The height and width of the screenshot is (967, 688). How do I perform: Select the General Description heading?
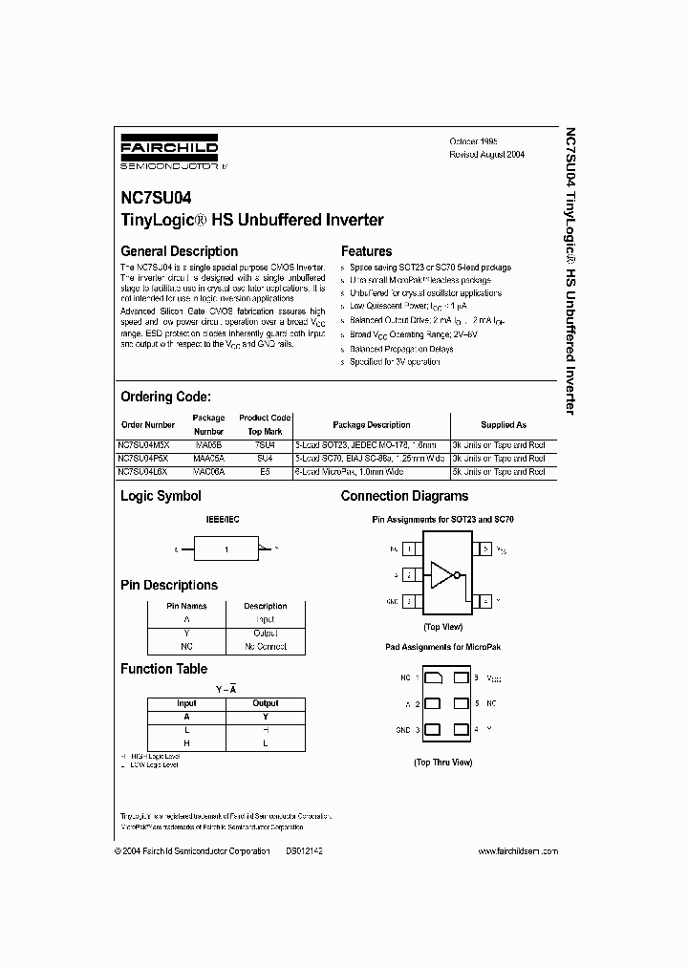[x=179, y=251]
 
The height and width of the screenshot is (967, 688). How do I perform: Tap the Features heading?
[x=366, y=251]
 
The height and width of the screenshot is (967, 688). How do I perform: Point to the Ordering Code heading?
[x=165, y=397]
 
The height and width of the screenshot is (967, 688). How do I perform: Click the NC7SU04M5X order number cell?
[x=147, y=444]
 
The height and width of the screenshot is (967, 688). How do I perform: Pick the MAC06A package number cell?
[x=208, y=471]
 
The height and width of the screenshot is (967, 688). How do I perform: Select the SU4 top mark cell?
[x=265, y=458]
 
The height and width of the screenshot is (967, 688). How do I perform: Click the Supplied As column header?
[x=503, y=424]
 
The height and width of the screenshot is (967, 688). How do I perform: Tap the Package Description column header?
[x=372, y=424]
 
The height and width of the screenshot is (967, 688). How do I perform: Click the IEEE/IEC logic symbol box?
[x=227, y=549]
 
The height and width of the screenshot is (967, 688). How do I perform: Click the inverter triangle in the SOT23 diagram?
[x=442, y=575]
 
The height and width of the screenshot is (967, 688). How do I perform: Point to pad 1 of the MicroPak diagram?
[x=433, y=677]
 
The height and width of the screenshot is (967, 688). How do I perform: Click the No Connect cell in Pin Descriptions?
[x=265, y=647]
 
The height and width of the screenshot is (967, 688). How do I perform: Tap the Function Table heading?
[x=163, y=669]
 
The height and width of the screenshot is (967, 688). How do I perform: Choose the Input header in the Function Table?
[x=186, y=703]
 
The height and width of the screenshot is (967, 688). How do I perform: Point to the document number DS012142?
[x=304, y=850]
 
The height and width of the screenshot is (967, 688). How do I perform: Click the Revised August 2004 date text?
[x=487, y=154]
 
